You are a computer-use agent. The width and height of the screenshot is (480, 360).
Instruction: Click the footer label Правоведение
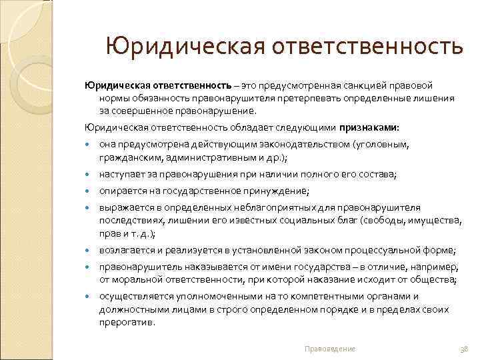pos(329,349)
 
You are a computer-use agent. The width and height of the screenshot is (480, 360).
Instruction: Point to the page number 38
pos(464,349)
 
